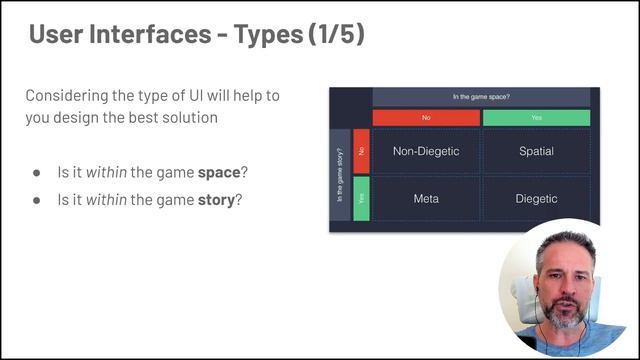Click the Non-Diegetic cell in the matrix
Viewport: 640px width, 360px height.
tap(426, 152)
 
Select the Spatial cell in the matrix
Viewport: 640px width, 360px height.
tap(536, 152)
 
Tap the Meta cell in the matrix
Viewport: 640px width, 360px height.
tap(426, 199)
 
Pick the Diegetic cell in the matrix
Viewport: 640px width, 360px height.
tap(536, 199)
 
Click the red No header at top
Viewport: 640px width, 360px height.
tap(426, 118)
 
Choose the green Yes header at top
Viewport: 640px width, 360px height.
tap(536, 118)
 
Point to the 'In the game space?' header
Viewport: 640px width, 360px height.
tap(481, 97)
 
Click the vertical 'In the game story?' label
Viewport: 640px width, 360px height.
tap(340, 176)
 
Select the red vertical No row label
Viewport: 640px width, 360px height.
tap(361, 151)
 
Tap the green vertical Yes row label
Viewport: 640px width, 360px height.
tap(361, 198)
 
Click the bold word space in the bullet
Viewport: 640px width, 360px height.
tap(219, 173)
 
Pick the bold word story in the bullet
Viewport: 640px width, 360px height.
tap(219, 199)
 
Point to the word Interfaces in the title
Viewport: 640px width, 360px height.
tap(143, 35)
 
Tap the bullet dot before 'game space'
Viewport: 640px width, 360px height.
tap(37, 173)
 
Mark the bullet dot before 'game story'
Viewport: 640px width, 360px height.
tap(37, 199)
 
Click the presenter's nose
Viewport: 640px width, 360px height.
tap(561, 288)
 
